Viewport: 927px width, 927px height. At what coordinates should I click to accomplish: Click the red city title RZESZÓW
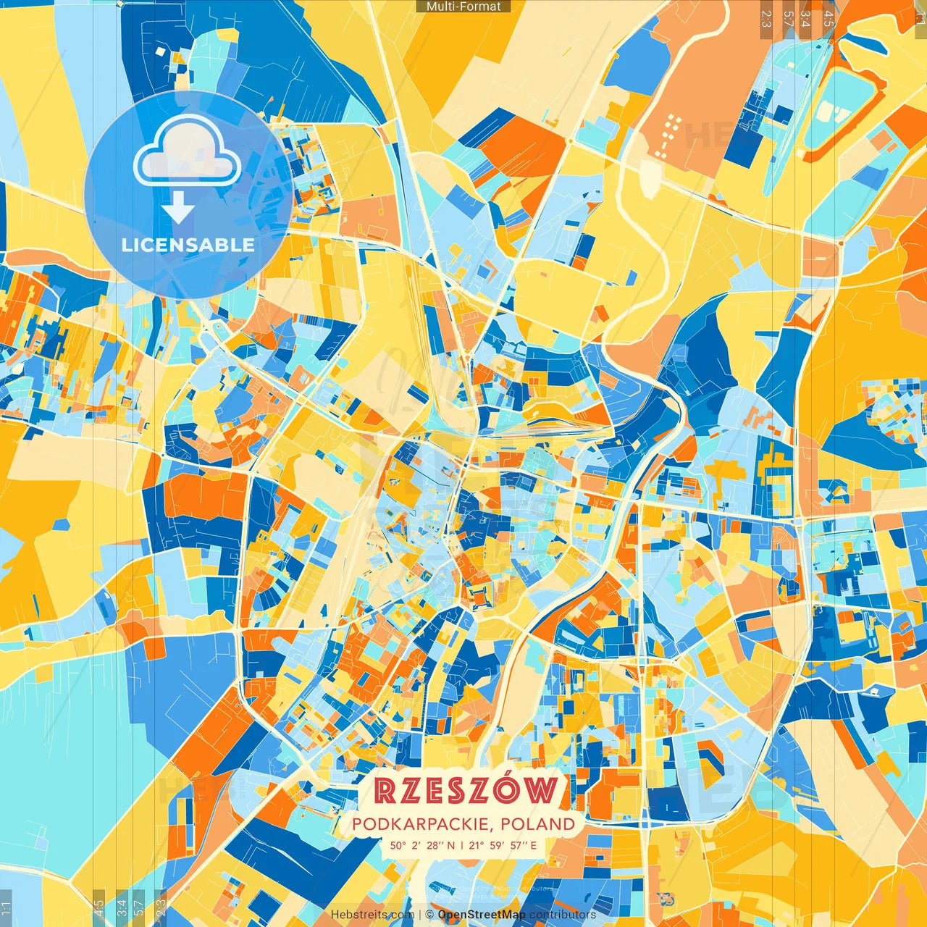pos(468,791)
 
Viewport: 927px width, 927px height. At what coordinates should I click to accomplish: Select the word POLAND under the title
pos(537,824)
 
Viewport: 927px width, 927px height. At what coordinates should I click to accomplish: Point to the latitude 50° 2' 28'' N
pos(422,845)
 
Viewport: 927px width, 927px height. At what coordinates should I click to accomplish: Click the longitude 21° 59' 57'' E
pos(503,845)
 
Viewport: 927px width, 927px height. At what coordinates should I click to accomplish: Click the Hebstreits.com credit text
pos(372,915)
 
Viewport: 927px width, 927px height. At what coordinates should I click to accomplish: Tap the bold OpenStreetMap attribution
pos(482,915)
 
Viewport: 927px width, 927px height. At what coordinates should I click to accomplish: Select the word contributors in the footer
pos(563,915)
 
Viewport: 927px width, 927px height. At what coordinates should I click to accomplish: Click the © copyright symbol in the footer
pos(429,915)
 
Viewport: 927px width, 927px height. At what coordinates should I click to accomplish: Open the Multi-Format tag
pos(463,7)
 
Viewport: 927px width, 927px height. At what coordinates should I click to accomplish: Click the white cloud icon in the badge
pos(187,151)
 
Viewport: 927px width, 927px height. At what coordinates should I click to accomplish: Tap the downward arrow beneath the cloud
pos(178,210)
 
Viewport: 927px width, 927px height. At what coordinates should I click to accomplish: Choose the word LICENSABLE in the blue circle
pos(188,245)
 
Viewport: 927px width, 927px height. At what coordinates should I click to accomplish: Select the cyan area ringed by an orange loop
pos(844,112)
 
